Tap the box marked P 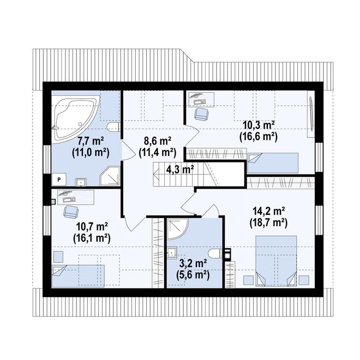point(59,179)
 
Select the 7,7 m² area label point(91,141)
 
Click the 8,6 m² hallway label point(158,141)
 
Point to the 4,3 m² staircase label point(180,170)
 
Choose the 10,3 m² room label point(259,125)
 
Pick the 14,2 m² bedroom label point(268,211)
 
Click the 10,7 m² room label point(92,227)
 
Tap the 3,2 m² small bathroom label point(193,263)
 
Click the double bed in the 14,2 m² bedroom point(276,261)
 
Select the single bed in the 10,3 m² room point(273,163)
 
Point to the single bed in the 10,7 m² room point(78,276)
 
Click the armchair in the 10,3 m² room point(201,113)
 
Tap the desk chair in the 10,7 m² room point(71,212)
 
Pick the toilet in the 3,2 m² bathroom point(215,254)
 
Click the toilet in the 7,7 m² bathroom point(113,127)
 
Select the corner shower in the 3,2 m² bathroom point(177,229)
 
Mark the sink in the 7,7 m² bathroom point(81,182)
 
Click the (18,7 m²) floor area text point(268,223)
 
